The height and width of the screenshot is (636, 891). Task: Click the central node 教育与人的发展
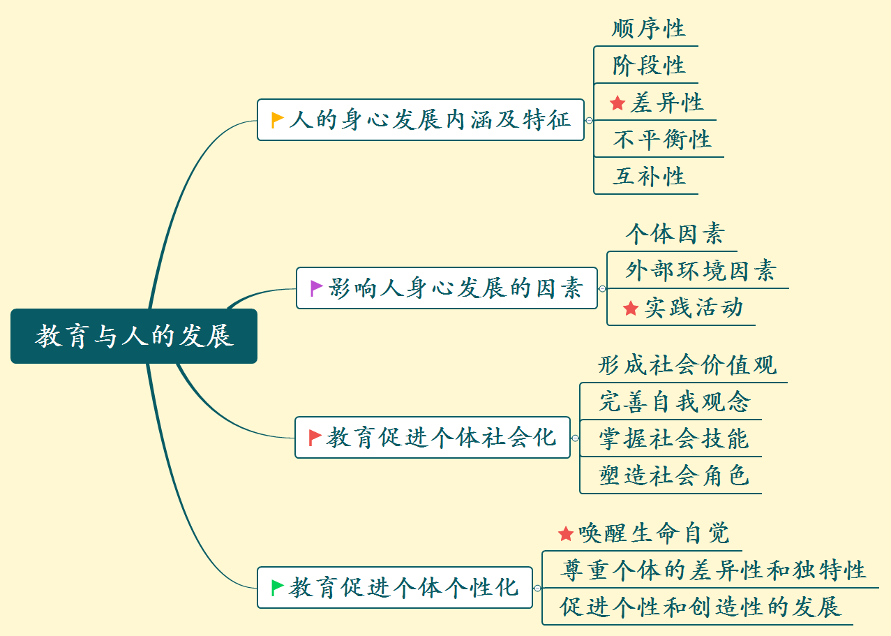[x=133, y=337]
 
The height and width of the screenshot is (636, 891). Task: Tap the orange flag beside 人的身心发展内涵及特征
[x=278, y=120]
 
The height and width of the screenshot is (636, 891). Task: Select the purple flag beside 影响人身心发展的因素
[x=317, y=288]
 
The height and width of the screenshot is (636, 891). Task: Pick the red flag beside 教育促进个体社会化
[x=315, y=438]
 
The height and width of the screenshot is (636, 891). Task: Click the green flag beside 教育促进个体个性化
[x=278, y=588]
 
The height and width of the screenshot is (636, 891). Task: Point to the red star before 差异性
[x=617, y=103]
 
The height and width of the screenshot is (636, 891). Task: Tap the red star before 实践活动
[x=631, y=308]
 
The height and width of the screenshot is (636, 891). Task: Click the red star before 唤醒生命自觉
[x=566, y=534]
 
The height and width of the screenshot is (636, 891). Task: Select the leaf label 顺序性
[x=649, y=29]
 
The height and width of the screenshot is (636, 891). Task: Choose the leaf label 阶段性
[x=649, y=66]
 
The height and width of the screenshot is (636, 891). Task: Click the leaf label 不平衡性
[x=662, y=140]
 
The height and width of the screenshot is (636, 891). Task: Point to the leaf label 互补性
[x=649, y=176]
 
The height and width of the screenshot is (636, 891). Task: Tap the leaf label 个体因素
[x=675, y=234]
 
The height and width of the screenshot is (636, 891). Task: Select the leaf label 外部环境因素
[x=701, y=271]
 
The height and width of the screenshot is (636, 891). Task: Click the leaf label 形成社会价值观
[x=687, y=364]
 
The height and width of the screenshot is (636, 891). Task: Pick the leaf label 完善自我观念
[x=674, y=401]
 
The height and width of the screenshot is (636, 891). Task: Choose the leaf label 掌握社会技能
[x=674, y=438]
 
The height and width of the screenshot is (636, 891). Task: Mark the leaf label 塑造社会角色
[x=674, y=475]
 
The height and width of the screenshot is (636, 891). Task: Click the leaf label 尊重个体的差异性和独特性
[x=713, y=570]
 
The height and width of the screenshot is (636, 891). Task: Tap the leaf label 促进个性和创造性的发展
[x=701, y=607]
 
